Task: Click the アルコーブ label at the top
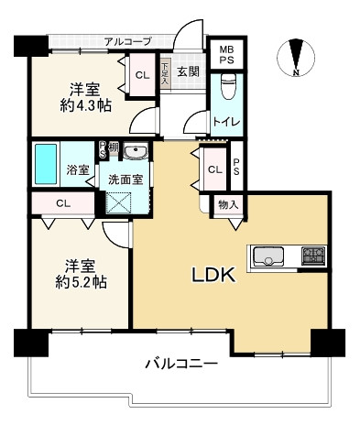tap(127, 41)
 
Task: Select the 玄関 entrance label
tap(189, 71)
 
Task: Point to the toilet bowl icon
tap(229, 90)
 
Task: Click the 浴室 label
tap(78, 170)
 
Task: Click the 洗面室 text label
tap(124, 179)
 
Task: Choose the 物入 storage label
tap(227, 205)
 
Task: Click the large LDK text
tap(213, 274)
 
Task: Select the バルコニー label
tap(181, 365)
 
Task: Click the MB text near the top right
tap(225, 51)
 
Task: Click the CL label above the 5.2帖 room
tap(63, 203)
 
